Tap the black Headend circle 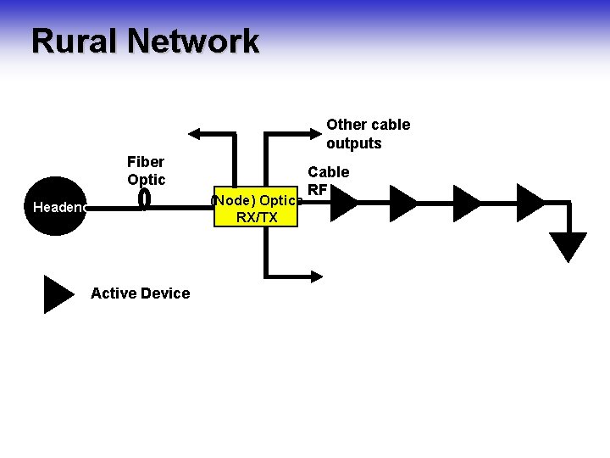[x=57, y=206]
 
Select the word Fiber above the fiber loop [x=146, y=161]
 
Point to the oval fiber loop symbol [x=144, y=198]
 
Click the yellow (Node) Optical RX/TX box [x=257, y=209]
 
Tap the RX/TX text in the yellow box [x=257, y=218]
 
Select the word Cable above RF [x=328, y=172]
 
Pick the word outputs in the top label [x=354, y=143]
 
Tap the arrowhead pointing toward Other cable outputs [x=315, y=133]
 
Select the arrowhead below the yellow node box [x=315, y=276]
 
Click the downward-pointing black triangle [x=568, y=246]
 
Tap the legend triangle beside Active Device [x=58, y=294]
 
